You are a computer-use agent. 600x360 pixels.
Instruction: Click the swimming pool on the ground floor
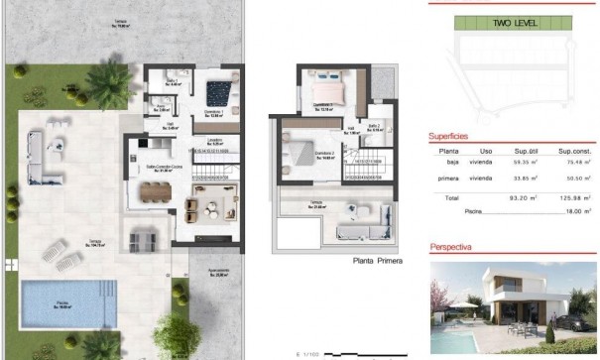[x=60, y=300]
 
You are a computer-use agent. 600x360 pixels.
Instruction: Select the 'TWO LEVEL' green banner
[x=515, y=21]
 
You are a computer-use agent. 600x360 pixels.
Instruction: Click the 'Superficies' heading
[x=449, y=136]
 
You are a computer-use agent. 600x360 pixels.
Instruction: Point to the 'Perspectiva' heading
[x=451, y=245]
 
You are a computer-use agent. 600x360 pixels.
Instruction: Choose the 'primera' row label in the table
[x=448, y=179]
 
